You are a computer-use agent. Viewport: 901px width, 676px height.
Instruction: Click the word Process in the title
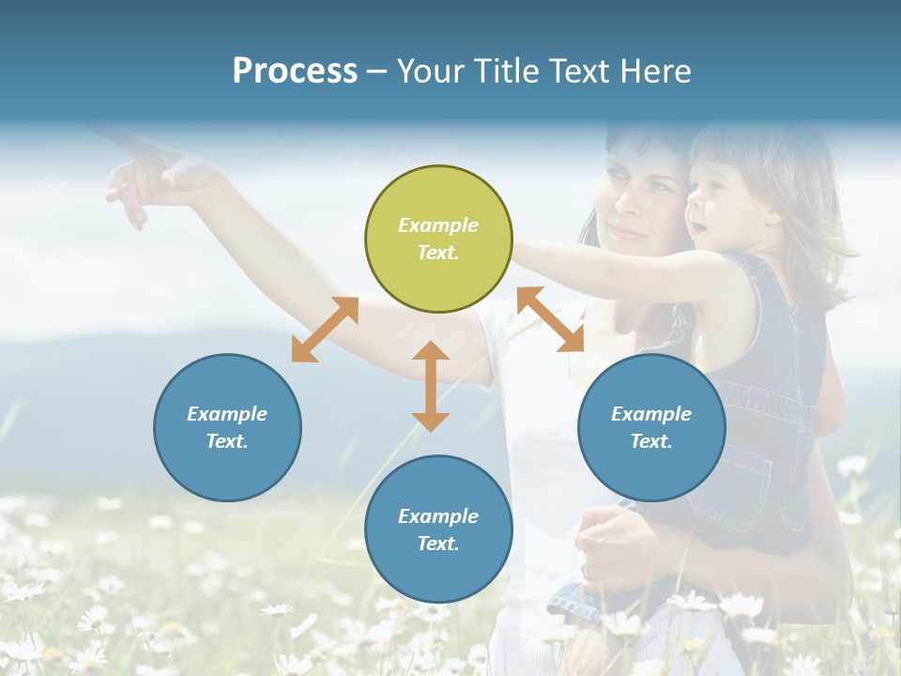(295, 71)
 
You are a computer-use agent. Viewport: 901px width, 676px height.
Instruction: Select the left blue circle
(227, 427)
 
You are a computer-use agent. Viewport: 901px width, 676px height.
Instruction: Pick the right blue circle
(651, 427)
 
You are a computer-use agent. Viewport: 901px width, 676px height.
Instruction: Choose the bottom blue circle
(438, 530)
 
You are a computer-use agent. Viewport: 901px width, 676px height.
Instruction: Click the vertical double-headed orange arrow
(431, 386)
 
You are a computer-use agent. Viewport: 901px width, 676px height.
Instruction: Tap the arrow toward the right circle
(550, 319)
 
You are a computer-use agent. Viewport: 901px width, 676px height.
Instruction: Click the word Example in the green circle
(438, 225)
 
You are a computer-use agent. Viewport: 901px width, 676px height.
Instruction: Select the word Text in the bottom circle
(437, 544)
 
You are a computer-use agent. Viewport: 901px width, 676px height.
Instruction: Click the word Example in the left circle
(227, 414)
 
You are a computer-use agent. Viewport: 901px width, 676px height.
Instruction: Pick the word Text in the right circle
(650, 441)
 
